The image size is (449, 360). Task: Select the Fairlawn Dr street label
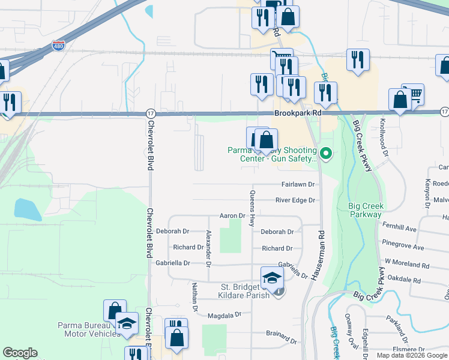point(298,185)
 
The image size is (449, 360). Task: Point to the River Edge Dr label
point(295,200)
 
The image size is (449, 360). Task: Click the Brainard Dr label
point(282,333)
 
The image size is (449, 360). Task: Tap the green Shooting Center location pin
point(326,153)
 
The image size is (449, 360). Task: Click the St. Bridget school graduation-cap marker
point(271,277)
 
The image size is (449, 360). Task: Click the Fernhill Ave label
point(399,229)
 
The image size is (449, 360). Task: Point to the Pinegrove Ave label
point(403,247)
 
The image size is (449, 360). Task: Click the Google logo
point(20,353)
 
